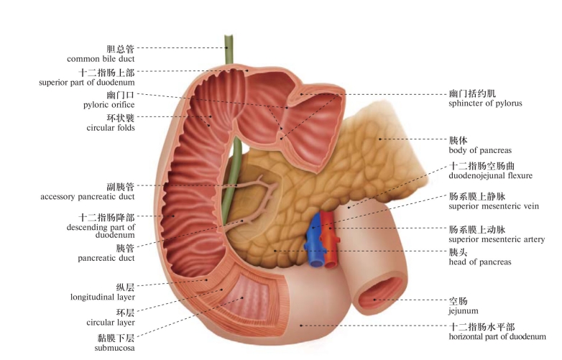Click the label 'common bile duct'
click(x=101, y=59)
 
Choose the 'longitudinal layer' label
click(x=102, y=297)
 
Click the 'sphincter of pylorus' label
click(x=484, y=103)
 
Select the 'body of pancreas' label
click(x=480, y=150)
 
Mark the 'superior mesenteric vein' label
click(x=495, y=207)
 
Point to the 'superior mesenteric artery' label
click(x=497, y=239)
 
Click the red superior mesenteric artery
click(x=329, y=241)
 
